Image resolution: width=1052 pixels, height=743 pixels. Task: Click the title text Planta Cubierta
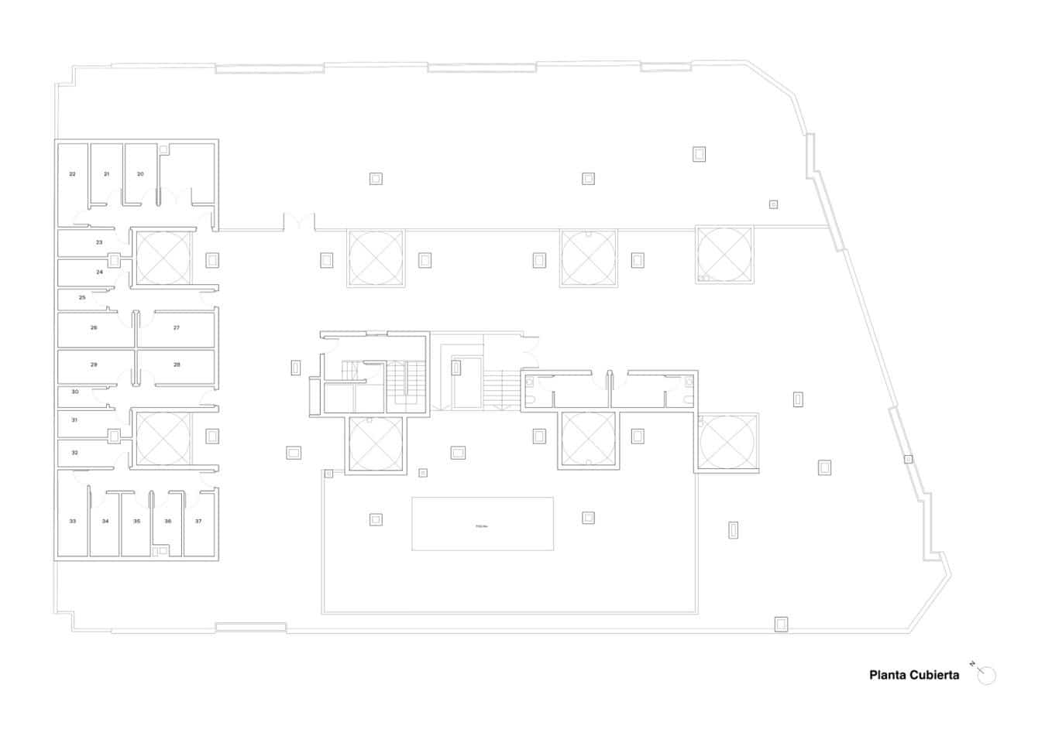pos(914,675)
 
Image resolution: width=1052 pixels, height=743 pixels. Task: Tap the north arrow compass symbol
pos(985,675)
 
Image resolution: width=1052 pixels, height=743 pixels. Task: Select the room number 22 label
pos(73,174)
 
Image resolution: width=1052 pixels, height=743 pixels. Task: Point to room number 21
pos(107,174)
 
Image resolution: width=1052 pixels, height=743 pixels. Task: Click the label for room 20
pos(140,174)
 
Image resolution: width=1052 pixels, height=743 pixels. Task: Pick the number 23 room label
pos(99,242)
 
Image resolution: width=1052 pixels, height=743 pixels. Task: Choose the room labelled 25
pos(82,298)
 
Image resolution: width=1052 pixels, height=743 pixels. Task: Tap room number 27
pos(177,328)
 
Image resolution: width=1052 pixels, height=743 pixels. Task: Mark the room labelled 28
pos(177,365)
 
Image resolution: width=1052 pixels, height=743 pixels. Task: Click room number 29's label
pos(94,365)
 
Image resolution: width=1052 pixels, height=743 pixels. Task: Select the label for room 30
pos(75,392)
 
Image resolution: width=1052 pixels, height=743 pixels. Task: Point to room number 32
pos(75,453)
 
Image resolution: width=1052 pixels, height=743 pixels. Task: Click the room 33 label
pos(73,522)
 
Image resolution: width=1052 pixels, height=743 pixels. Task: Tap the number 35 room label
pos(137,522)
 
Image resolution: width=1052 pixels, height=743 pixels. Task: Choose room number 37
pos(198,522)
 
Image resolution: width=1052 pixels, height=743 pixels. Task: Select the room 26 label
pos(94,328)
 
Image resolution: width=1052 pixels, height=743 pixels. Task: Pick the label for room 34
pos(105,522)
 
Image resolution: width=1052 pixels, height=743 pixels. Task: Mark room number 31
pos(75,420)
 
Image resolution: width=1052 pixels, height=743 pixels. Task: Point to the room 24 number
pos(99,272)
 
